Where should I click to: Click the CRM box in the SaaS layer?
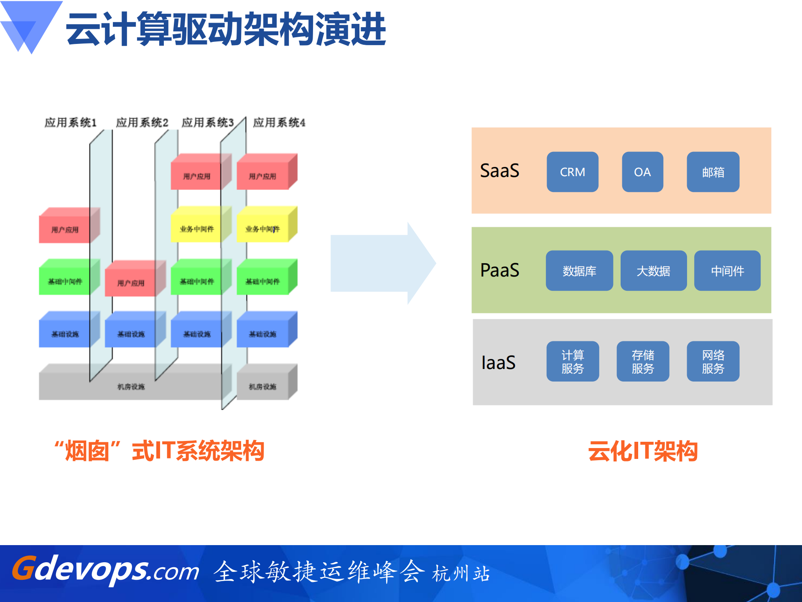click(572, 172)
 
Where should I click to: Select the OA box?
click(642, 172)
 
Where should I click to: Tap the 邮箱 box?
click(713, 172)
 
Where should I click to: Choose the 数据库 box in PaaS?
click(579, 271)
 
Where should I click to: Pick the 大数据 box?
click(653, 271)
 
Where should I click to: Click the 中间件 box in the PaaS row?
click(727, 271)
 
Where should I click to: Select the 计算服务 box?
click(573, 361)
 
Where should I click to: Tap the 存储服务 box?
click(643, 361)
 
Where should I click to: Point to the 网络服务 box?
click(713, 361)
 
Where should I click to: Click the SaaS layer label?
click(499, 171)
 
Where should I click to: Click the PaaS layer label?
click(499, 270)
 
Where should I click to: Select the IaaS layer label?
click(498, 362)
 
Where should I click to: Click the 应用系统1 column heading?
click(71, 123)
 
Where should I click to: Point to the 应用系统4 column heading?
click(279, 123)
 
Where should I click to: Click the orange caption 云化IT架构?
click(643, 451)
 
